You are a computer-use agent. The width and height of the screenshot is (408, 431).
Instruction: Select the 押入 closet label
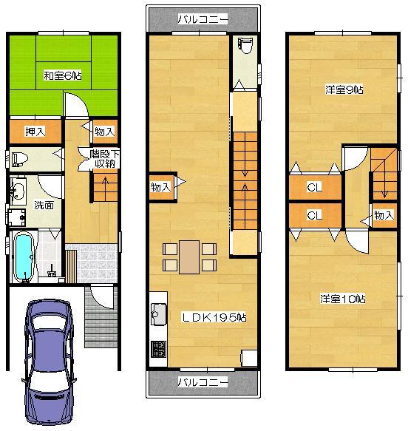click(x=35, y=132)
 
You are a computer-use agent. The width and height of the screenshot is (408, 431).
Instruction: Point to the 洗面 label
click(x=44, y=205)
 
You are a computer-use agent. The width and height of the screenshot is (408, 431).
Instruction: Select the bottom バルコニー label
click(x=203, y=382)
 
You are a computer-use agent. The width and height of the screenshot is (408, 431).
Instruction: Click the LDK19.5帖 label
click(x=214, y=317)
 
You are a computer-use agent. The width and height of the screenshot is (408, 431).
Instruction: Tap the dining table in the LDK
click(x=189, y=257)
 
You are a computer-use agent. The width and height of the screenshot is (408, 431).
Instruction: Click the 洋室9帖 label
click(x=344, y=90)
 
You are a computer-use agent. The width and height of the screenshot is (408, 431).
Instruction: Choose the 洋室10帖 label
click(x=343, y=299)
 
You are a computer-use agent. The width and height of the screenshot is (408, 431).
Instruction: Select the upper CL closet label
click(x=314, y=188)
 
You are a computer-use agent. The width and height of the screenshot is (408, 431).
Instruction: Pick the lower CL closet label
click(x=314, y=215)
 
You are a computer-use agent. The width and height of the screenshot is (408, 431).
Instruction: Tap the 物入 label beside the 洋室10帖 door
click(x=383, y=215)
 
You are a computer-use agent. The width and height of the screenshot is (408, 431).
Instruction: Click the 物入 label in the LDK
click(x=160, y=188)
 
